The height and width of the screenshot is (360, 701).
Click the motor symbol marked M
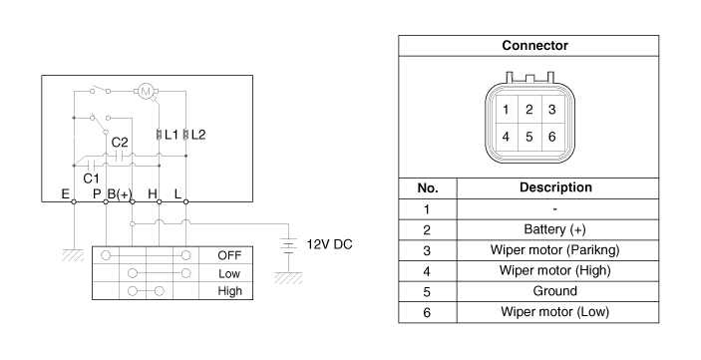coord(146,92)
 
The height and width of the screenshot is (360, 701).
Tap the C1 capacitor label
coord(91,179)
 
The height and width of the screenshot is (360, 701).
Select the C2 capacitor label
coord(120,143)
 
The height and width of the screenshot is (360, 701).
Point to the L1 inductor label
coord(172,135)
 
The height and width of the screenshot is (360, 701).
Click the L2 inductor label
coord(198,135)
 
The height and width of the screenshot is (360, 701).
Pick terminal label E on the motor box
coord(65,194)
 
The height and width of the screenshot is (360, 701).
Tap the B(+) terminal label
coord(120,194)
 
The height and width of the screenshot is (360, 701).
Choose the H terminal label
coord(153,194)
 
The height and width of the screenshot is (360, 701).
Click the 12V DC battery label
coord(329,244)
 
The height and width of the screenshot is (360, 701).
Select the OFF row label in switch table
coord(229,255)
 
